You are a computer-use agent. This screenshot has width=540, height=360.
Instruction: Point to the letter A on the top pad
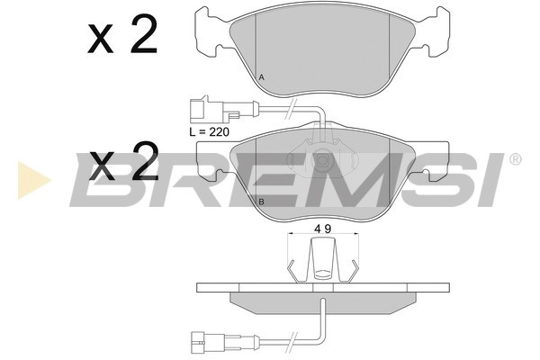[x=262, y=78]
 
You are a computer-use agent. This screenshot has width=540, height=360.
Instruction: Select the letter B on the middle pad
[x=261, y=201]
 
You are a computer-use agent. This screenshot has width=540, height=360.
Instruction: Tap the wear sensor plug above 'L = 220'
[x=202, y=112]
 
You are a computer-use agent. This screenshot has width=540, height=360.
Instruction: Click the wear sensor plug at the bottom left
[x=203, y=340]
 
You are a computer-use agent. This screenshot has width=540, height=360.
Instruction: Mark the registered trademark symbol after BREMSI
[x=514, y=160]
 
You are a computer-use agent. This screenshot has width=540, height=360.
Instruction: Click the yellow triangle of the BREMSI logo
[x=30, y=179]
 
